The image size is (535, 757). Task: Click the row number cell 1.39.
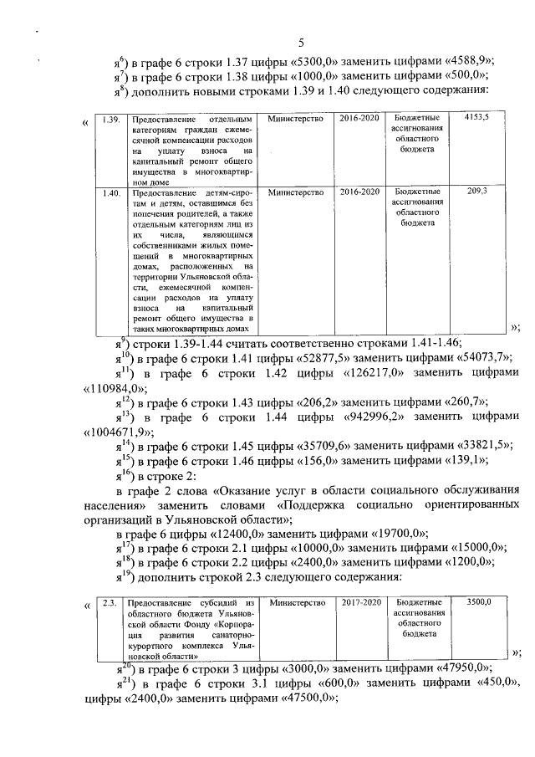pos(108,119)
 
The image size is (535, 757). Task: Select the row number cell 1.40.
pos(108,193)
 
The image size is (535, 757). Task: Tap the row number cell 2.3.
pos(108,602)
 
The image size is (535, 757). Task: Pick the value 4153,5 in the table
pos(477,119)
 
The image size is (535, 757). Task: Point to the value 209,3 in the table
pos(477,192)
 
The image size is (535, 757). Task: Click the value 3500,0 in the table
pos(479,601)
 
